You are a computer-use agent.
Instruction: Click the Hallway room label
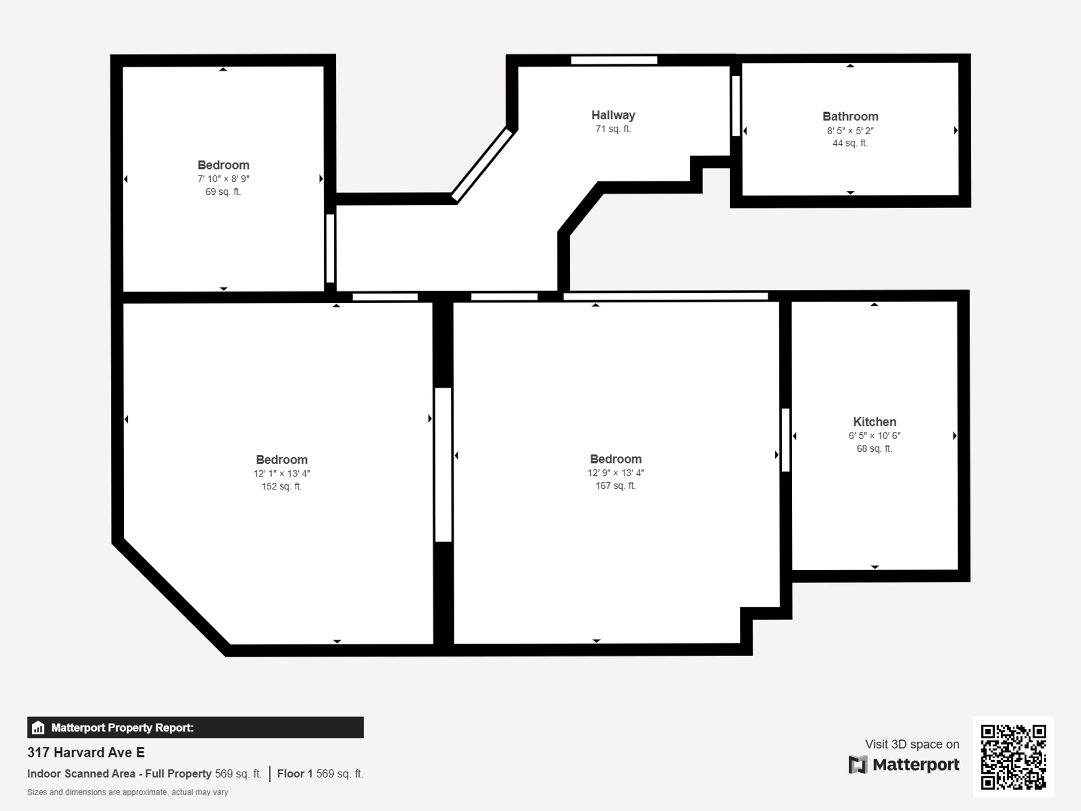613,115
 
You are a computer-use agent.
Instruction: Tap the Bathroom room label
850,117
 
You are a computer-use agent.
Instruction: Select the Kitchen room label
874,422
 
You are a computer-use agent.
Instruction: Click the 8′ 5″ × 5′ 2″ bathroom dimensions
850,131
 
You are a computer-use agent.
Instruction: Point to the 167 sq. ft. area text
616,485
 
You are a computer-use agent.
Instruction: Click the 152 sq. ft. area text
282,486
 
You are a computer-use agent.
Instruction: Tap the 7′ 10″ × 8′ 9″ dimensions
224,179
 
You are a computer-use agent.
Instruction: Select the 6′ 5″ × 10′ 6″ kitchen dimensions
874,435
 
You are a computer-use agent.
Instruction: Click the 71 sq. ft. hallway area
613,129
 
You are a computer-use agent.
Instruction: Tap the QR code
1013,757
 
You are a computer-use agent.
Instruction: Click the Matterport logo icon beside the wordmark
857,765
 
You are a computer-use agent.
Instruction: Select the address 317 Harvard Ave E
86,752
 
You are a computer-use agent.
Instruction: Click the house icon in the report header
38,728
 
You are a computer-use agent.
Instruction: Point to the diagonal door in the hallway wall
483,165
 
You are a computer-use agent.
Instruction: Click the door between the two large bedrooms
443,465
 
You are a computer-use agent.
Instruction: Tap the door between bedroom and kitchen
786,440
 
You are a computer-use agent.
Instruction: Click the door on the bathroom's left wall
736,106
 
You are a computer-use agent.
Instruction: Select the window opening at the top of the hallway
614,60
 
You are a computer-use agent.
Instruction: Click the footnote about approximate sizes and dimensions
128,792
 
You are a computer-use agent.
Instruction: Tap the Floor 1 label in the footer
294,774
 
